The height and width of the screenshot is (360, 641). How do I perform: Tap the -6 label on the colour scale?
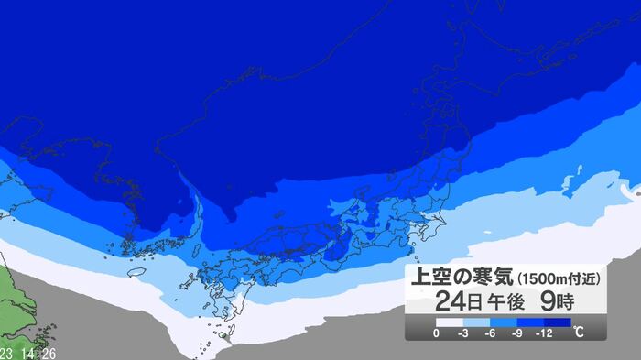tap(492, 333)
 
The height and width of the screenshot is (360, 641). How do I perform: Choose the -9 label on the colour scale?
tap(518, 333)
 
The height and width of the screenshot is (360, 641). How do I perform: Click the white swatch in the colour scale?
tap(450, 322)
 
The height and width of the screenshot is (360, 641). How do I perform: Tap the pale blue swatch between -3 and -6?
tap(477, 322)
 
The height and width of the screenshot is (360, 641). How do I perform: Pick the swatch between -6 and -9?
tap(505, 322)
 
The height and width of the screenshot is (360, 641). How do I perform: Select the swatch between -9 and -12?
tap(532, 322)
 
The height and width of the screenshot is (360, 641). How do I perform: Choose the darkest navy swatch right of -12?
tap(560, 322)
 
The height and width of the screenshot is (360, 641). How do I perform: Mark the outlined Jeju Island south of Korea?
tap(136, 272)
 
